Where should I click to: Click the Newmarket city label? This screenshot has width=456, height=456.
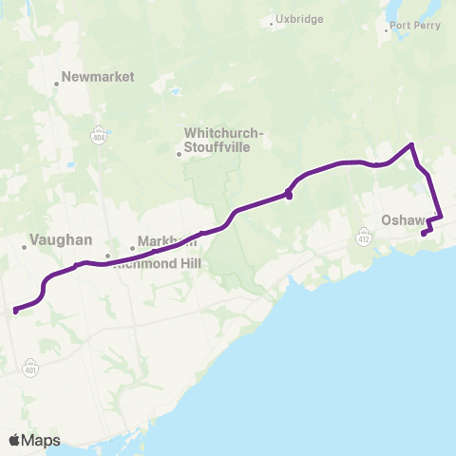tap(98, 77)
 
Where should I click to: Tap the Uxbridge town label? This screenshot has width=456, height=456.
tap(299, 19)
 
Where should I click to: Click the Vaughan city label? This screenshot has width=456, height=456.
tap(61, 241)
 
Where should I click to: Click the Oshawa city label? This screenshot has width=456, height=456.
tap(407, 220)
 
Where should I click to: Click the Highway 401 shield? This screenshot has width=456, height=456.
tap(32, 364)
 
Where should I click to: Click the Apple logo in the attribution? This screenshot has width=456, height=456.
tap(14, 440)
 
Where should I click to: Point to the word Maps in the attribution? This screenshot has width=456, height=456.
tap(41, 440)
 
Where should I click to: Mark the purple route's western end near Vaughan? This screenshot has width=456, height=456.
tap(14, 310)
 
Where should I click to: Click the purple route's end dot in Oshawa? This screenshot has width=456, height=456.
tap(423, 233)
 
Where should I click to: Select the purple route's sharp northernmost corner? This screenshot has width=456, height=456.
tap(411, 144)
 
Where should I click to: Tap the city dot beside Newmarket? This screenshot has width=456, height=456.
tap(57, 84)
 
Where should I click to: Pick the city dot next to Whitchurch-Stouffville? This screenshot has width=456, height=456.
tap(179, 152)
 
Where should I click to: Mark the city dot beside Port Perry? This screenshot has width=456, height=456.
tap(385, 31)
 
